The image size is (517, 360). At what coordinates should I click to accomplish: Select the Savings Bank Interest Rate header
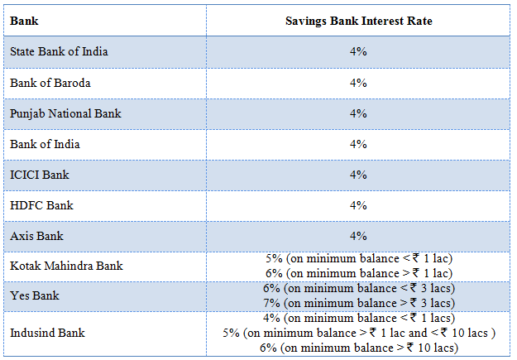[357, 20]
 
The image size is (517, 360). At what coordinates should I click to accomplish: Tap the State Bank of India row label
[59, 51]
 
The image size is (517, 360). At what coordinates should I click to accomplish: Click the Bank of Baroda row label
[50, 83]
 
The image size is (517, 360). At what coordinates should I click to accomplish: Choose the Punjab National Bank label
[65, 113]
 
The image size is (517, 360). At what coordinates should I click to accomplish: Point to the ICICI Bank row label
[41, 175]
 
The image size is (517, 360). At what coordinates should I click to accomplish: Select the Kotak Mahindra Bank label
[66, 266]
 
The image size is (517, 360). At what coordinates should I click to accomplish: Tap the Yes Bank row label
[34, 295]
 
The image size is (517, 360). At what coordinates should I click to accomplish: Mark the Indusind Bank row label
[47, 333]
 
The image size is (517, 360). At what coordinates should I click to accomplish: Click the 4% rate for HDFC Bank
[357, 205]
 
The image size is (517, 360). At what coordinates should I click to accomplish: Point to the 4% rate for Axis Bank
[357, 236]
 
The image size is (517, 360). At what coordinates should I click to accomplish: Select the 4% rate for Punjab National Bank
[357, 113]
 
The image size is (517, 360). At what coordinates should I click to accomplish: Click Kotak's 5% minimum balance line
[358, 258]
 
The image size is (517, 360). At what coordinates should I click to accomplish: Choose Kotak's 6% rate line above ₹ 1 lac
[358, 273]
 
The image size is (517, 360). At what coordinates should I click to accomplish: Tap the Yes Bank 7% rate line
[358, 303]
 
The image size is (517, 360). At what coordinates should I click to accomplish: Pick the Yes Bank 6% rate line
[358, 288]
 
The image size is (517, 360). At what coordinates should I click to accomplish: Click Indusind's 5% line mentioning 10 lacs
[358, 333]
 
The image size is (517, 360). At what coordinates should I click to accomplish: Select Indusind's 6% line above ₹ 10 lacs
[358, 348]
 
